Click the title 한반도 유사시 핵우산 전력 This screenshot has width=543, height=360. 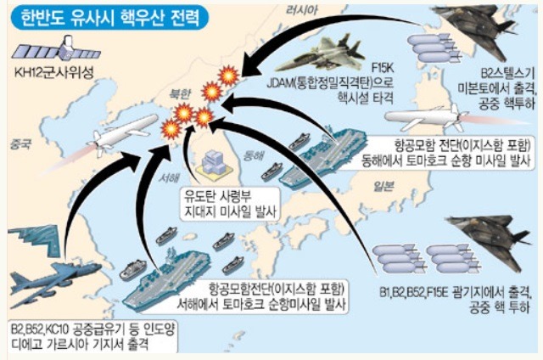tap(110, 17)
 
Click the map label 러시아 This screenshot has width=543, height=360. tap(302, 10)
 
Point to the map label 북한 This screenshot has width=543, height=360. tap(180, 94)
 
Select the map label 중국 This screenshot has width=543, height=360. tap(20, 143)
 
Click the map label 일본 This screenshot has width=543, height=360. tap(383, 187)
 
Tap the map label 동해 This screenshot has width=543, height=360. tap(254, 155)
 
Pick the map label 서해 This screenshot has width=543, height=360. tap(169, 177)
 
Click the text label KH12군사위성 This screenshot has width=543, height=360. tap(54, 73)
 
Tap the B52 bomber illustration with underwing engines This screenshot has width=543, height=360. tap(55, 283)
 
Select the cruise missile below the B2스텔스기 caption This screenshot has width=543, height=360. tap(427, 118)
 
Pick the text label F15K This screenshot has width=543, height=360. tap(383, 68)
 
